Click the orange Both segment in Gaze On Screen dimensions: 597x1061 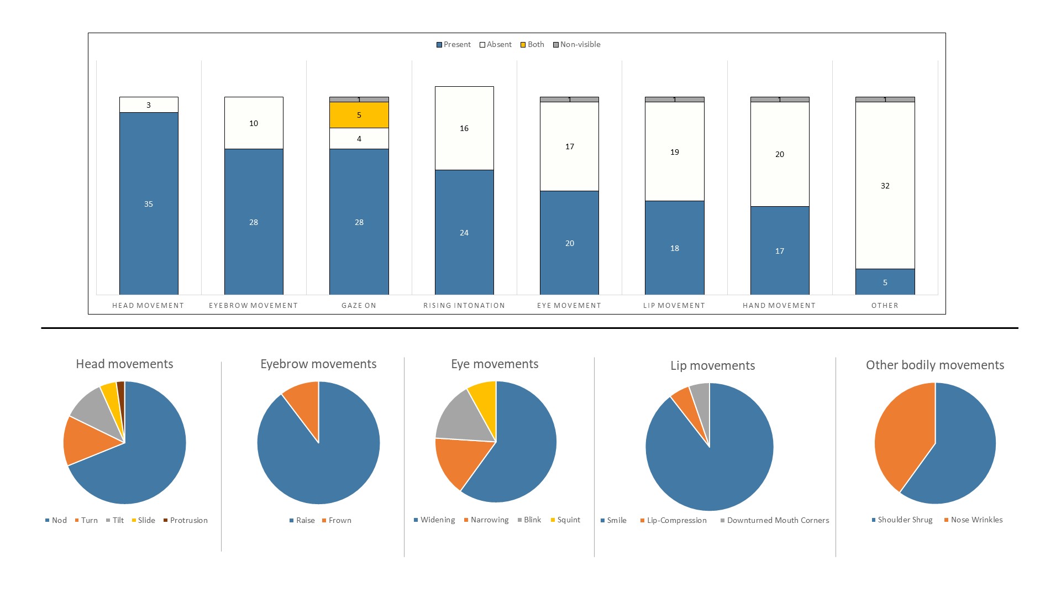tap(359, 115)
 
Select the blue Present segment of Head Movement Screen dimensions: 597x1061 tap(149, 204)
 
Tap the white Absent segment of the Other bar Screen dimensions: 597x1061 tap(885, 186)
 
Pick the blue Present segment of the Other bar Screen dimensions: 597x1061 tap(885, 282)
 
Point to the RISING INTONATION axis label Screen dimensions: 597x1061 tap(464, 306)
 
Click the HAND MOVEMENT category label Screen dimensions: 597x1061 tap(779, 306)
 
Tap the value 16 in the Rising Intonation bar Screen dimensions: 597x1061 tap(464, 128)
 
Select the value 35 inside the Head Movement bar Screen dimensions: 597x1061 tap(149, 204)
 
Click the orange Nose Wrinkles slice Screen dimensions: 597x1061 tap(901, 437)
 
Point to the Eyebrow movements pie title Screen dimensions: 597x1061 tap(318, 364)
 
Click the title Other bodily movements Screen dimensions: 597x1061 tap(935, 365)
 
